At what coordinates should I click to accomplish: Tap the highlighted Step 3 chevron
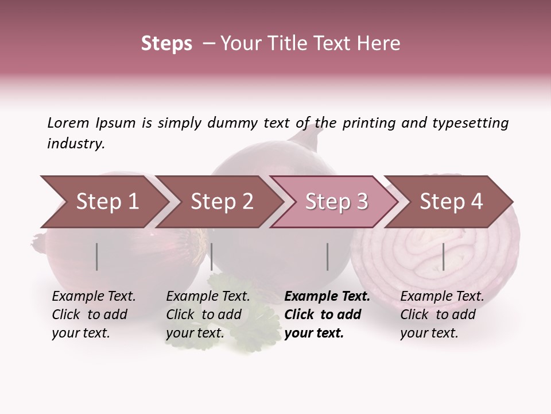tap(336, 202)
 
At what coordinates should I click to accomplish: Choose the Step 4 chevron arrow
tap(451, 202)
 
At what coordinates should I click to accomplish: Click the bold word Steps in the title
tap(166, 44)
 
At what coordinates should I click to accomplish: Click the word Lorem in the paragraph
tap(68, 122)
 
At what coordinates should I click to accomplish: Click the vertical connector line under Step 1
tap(97, 256)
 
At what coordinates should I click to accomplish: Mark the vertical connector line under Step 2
tap(212, 256)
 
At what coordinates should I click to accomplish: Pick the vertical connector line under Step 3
tap(328, 256)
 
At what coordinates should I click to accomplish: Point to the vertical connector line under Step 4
tap(444, 256)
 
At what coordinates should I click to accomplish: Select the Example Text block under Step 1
tap(94, 315)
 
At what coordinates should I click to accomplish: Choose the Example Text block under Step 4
tap(442, 315)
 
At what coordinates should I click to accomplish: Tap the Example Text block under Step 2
tap(208, 315)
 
